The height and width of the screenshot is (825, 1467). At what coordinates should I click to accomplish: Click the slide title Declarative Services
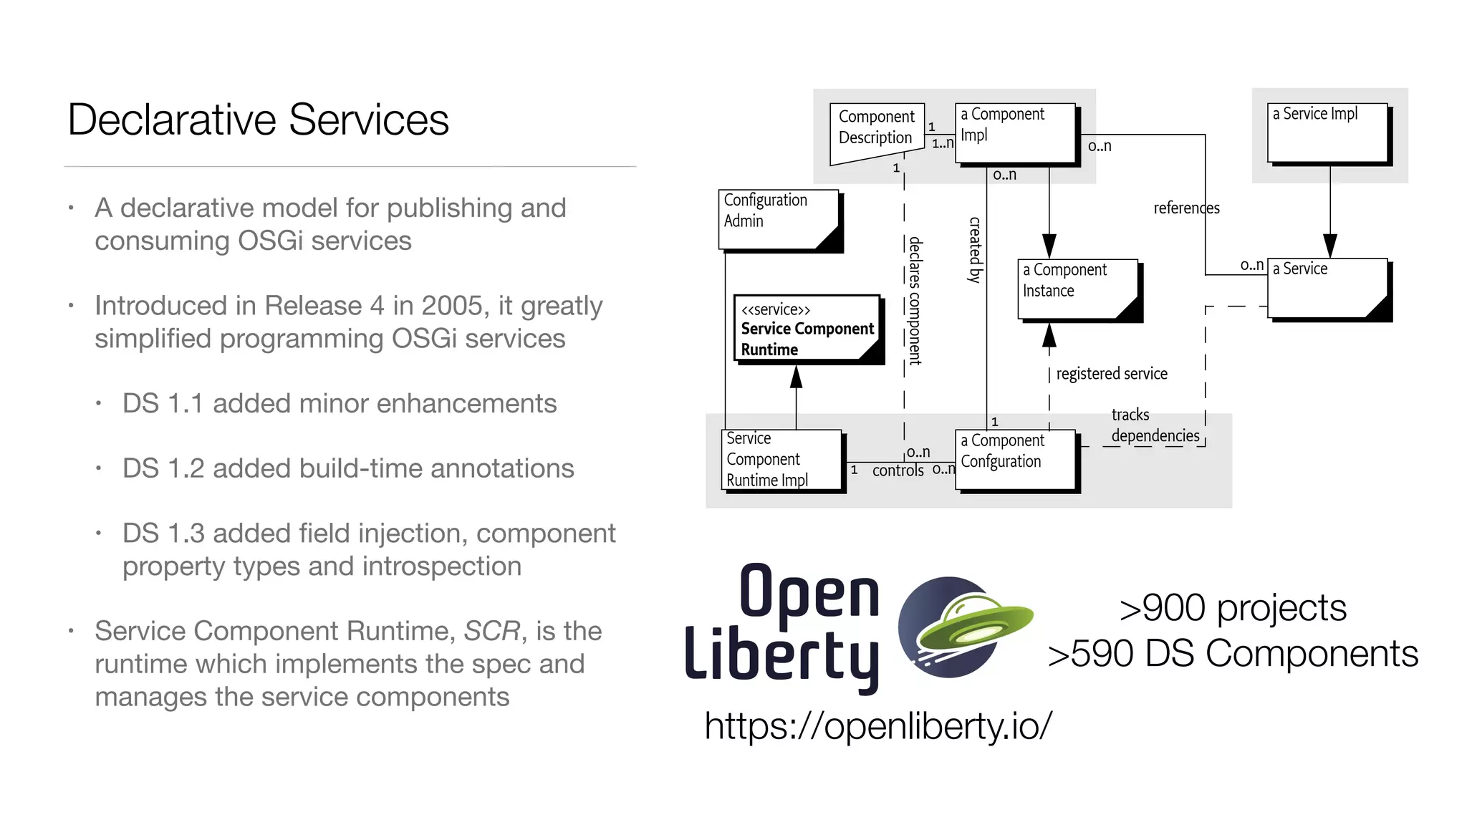[x=258, y=120]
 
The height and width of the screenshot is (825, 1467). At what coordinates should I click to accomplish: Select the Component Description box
[x=876, y=130]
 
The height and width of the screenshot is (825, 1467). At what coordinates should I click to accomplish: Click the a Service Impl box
[x=1327, y=133]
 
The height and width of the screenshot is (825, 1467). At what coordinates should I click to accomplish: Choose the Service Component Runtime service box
[x=807, y=329]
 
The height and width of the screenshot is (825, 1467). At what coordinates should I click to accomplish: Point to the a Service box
[x=1327, y=288]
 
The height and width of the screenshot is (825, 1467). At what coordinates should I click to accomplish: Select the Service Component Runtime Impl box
[x=782, y=459]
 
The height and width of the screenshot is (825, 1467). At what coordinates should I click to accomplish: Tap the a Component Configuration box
[x=1015, y=459]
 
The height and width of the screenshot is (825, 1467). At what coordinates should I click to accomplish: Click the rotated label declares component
[x=915, y=301]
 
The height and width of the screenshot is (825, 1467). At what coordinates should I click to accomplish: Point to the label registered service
[x=1111, y=374]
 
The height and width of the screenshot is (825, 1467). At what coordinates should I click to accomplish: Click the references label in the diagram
[x=1185, y=208]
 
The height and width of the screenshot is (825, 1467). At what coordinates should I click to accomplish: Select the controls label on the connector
[x=898, y=471]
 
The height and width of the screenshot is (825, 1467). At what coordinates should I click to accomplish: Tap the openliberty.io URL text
[x=878, y=725]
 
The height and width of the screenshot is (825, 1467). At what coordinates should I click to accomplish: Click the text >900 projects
[x=1232, y=608]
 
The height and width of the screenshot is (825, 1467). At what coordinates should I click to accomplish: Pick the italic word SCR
[x=491, y=631]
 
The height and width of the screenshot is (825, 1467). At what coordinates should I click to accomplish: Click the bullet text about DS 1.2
[x=348, y=468]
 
